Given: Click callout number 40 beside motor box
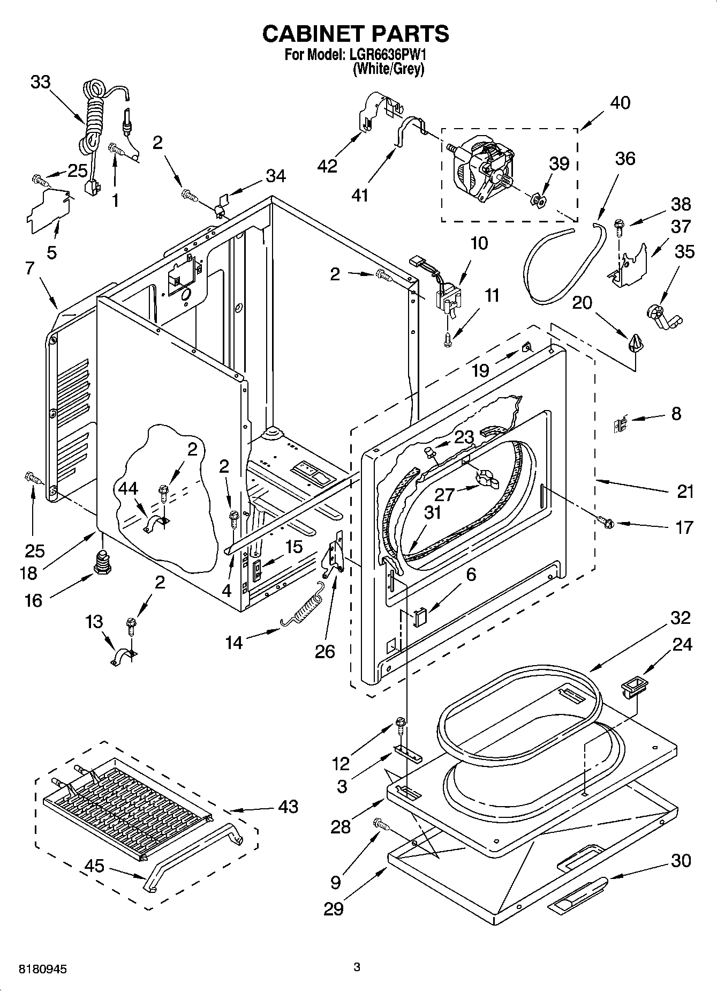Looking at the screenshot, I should pyautogui.click(x=620, y=102).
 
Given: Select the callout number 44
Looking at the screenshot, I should pyautogui.click(x=127, y=488).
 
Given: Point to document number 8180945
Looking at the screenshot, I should pyautogui.click(x=43, y=970).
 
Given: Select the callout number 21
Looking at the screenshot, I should pyautogui.click(x=685, y=491).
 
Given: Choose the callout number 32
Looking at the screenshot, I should pyautogui.click(x=680, y=617).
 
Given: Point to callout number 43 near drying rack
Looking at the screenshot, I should pyautogui.click(x=288, y=806).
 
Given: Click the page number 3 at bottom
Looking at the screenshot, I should pyautogui.click(x=357, y=967).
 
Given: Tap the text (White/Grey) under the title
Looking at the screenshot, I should pyautogui.click(x=388, y=69).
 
